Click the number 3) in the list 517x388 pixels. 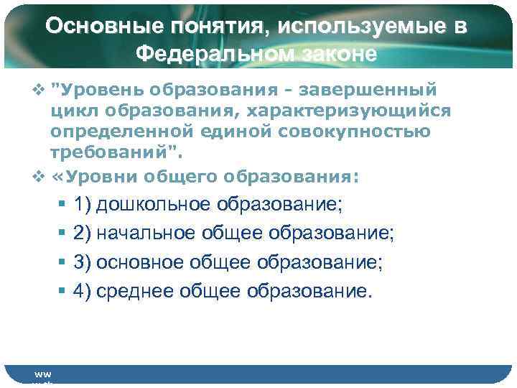click(x=82, y=262)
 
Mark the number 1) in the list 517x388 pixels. click(x=82, y=205)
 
